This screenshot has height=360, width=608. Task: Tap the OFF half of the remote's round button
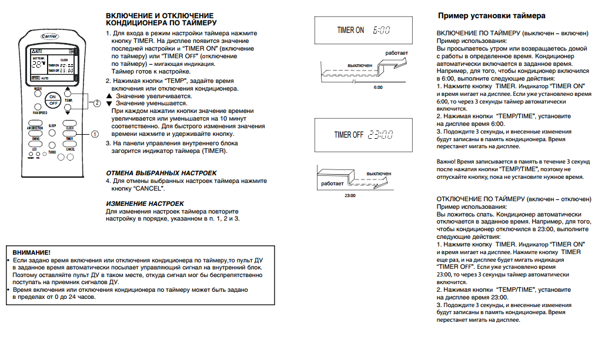point(54,103)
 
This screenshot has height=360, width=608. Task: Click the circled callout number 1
point(95,134)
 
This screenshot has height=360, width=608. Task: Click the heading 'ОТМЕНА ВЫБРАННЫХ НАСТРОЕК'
point(161,173)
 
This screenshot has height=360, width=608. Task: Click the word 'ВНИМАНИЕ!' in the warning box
point(32,252)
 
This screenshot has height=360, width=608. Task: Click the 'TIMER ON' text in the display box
point(350,30)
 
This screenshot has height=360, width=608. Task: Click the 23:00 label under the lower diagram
point(350,195)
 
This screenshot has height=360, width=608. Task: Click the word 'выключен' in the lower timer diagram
point(379,174)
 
